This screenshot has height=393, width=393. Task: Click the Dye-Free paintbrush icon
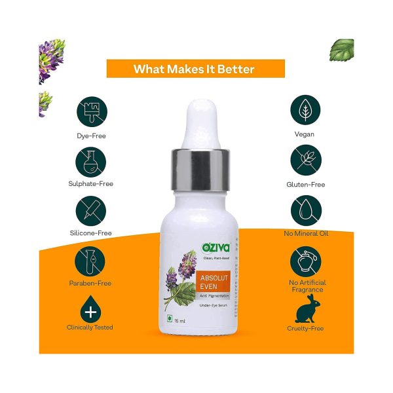(92, 111)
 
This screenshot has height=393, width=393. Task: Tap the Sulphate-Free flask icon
(91, 162)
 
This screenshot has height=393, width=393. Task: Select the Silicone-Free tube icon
(91, 211)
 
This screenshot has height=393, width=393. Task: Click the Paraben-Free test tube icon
(90, 261)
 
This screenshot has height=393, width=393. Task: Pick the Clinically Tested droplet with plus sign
(90, 310)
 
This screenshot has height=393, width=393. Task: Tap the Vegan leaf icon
(305, 110)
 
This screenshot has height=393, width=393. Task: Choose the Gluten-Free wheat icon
(306, 160)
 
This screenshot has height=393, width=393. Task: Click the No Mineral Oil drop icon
(306, 210)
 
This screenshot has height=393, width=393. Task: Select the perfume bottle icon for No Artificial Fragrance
(305, 261)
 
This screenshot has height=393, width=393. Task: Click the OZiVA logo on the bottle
(215, 248)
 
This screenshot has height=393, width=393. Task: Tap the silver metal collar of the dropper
(200, 170)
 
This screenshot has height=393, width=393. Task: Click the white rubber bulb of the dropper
(201, 124)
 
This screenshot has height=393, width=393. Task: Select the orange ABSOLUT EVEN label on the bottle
(213, 282)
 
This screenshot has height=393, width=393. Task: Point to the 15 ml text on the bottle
(179, 321)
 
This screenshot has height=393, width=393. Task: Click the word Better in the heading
(236, 69)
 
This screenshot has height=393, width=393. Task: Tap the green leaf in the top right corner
(341, 50)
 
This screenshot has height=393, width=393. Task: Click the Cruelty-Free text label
(305, 329)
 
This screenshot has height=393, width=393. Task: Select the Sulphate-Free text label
(91, 183)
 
